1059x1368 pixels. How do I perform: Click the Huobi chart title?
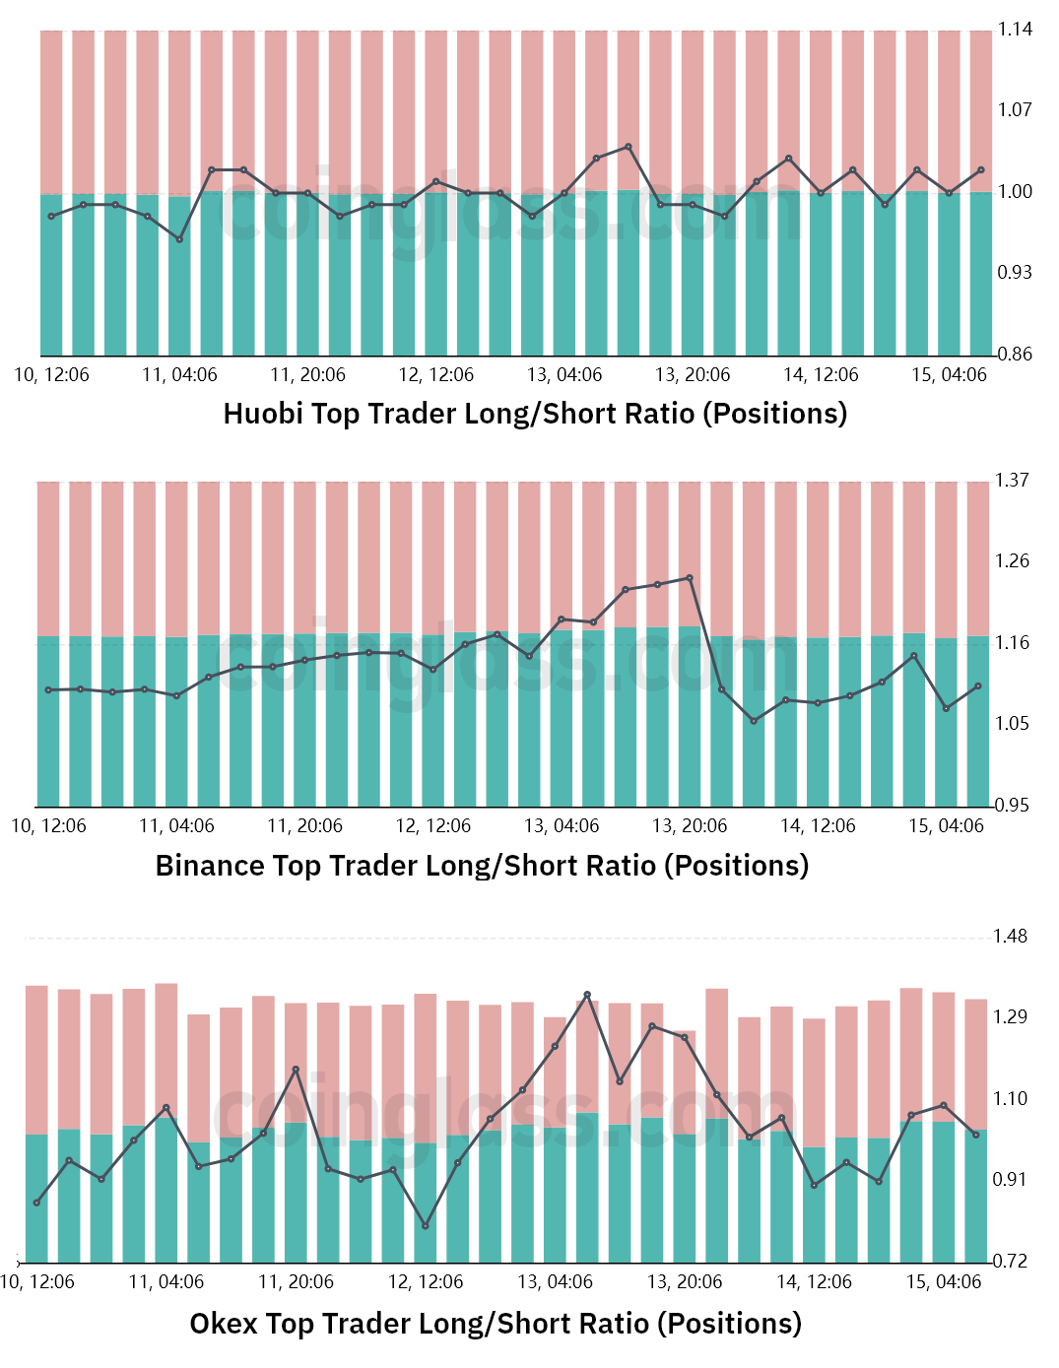[535, 414]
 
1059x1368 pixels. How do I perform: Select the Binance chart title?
[482, 866]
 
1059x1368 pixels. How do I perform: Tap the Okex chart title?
[496, 1324]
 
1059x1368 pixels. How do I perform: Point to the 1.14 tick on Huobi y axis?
[1015, 30]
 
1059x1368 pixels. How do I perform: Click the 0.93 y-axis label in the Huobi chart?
[1015, 272]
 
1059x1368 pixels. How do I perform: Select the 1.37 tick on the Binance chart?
[1012, 481]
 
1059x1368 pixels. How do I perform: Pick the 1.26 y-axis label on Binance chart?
[1012, 561]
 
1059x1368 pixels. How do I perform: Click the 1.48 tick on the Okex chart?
[1010, 937]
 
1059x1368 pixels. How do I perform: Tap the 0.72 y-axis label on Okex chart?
[1010, 1261]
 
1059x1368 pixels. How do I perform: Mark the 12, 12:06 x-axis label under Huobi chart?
[435, 375]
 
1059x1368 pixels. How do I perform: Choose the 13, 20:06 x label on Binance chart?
[690, 826]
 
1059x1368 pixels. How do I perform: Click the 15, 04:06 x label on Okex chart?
[944, 1282]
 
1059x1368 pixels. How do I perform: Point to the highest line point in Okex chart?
[587, 995]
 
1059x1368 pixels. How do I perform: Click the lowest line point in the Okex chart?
[426, 1226]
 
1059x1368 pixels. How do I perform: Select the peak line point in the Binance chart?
[690, 578]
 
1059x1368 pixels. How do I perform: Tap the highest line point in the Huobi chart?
[629, 147]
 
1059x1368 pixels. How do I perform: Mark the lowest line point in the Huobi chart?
[179, 239]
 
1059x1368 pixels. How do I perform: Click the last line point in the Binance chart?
[978, 685]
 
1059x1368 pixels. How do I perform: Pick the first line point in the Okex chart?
[36, 1203]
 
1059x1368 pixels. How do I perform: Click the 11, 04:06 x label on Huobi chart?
[179, 375]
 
